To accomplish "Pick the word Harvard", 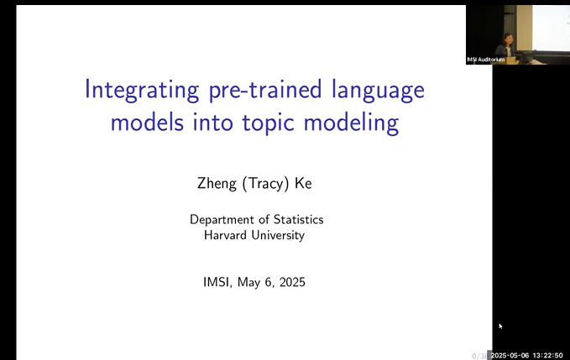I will [x=228, y=235].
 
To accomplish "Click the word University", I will [x=280, y=235].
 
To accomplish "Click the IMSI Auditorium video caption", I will [x=486, y=60].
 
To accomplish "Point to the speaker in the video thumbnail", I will [x=507, y=45].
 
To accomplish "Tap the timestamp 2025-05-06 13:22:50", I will [x=530, y=354].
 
